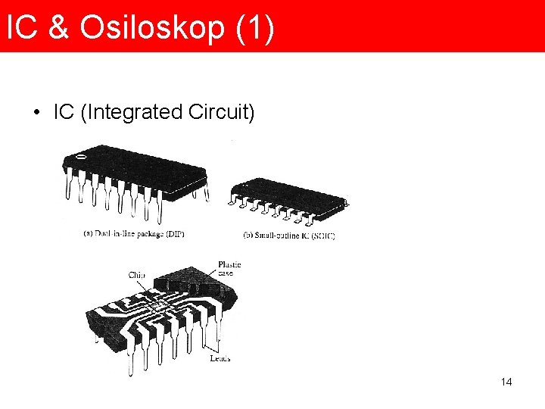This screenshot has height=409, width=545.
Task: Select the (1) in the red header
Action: (x=254, y=28)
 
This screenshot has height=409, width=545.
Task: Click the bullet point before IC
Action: (x=36, y=114)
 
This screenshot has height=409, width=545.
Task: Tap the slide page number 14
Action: (x=506, y=382)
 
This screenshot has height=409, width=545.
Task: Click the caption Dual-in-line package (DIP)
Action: (x=134, y=234)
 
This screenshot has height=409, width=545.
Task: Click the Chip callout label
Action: (x=137, y=276)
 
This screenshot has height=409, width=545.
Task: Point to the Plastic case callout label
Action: (x=229, y=268)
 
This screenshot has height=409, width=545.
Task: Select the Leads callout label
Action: (x=219, y=357)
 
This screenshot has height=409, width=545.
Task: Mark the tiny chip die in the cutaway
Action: (x=158, y=307)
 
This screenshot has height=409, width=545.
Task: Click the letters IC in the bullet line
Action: (x=64, y=113)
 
